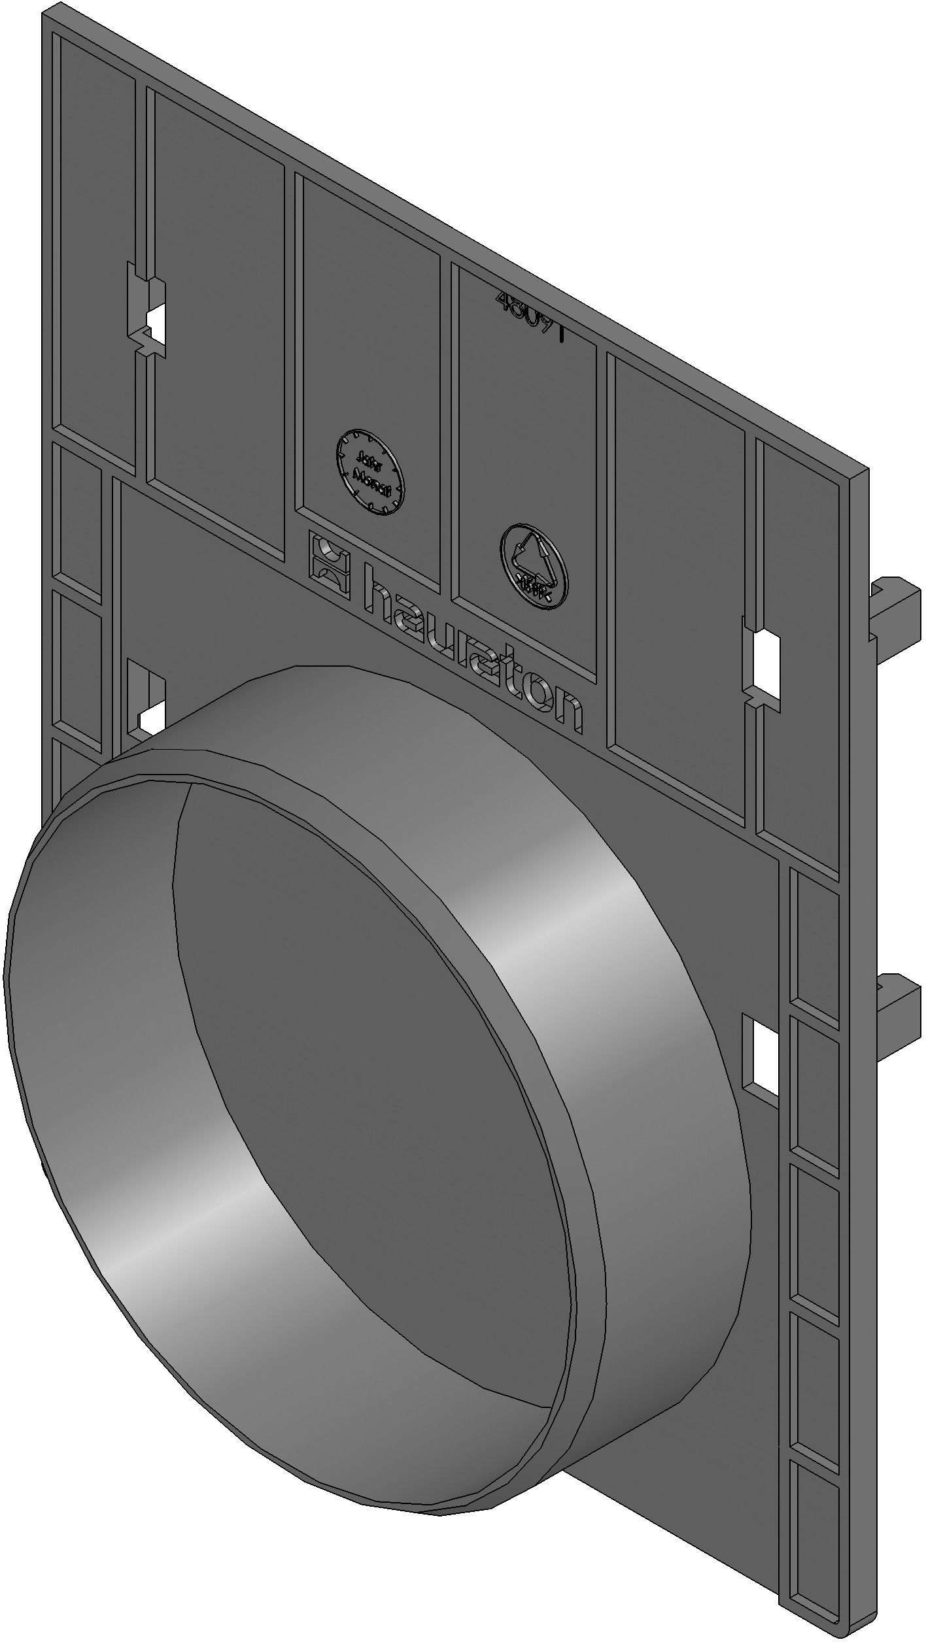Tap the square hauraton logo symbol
330,563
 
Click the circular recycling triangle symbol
534,566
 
